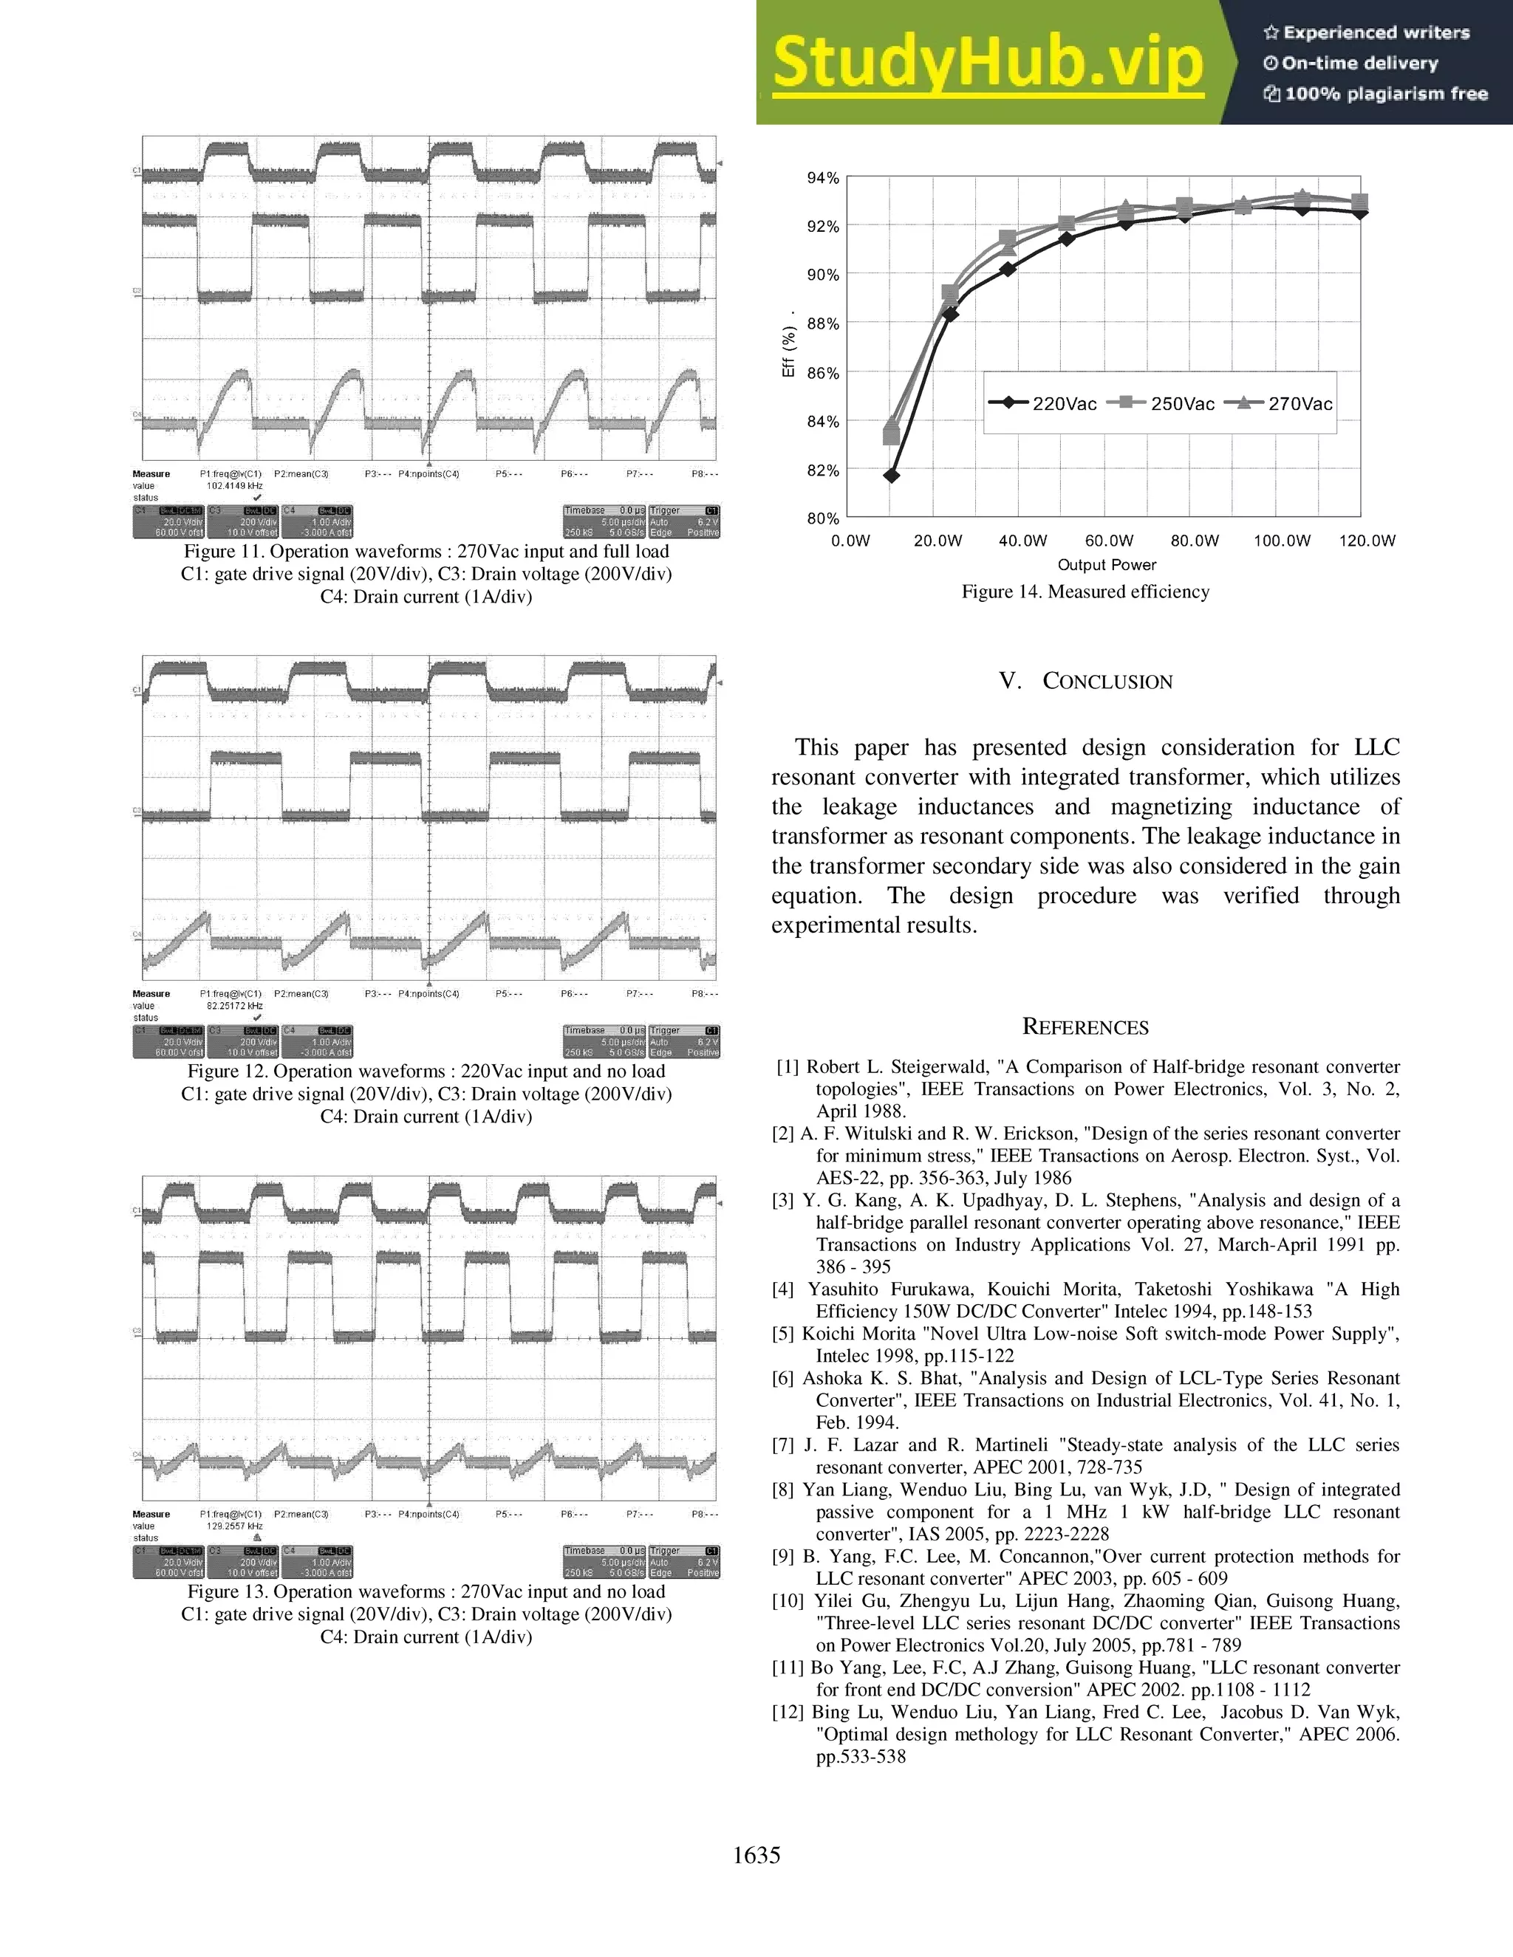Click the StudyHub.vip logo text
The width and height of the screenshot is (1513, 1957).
[988, 63]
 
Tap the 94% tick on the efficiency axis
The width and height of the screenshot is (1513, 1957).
[823, 178]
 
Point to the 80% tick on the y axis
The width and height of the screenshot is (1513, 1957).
[823, 518]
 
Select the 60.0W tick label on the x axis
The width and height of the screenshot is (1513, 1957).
[1109, 541]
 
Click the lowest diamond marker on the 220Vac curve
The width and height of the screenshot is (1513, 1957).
[891, 475]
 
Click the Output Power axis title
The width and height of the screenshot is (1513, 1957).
[1106, 564]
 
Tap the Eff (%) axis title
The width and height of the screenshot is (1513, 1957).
[789, 353]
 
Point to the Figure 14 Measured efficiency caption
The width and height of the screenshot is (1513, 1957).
[1085, 592]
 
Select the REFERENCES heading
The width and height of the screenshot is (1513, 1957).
[1085, 1027]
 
